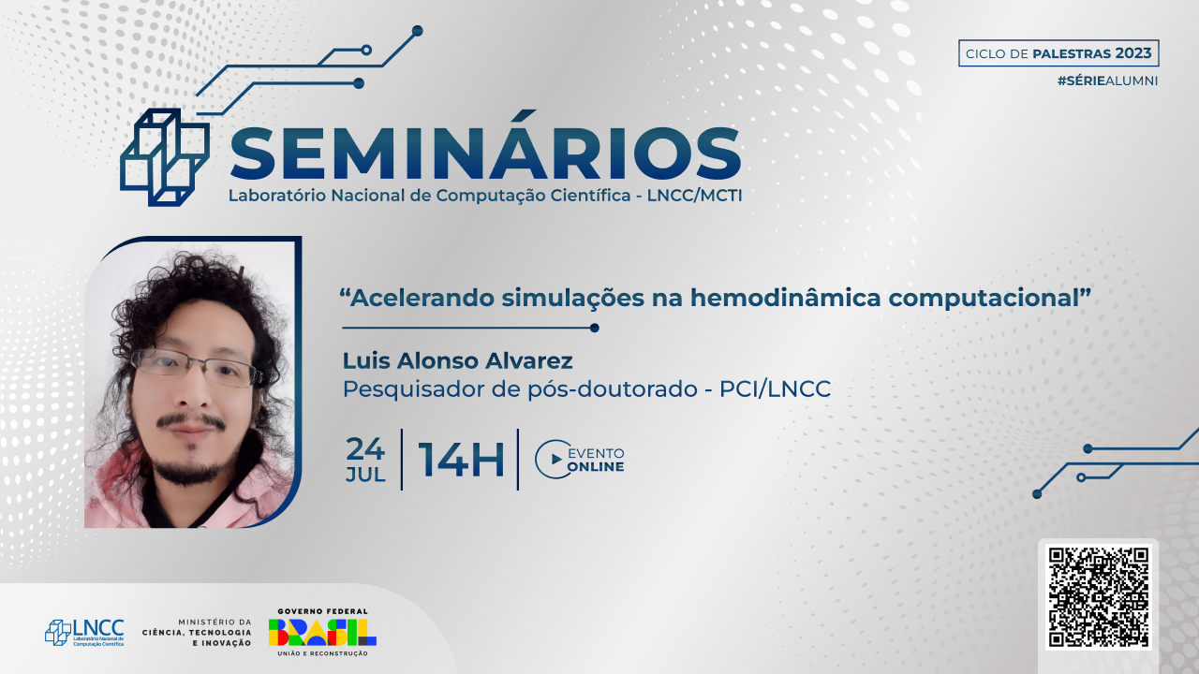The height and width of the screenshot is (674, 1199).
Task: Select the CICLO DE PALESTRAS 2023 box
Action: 1058,53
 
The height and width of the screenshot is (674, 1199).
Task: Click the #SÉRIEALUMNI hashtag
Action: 1107,81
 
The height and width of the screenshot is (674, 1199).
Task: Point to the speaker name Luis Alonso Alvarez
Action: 458,361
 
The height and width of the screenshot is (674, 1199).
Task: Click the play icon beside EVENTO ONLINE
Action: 555,459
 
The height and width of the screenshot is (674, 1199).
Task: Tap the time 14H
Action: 462,460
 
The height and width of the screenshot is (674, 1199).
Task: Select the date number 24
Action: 365,448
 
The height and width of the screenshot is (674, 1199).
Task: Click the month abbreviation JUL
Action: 365,475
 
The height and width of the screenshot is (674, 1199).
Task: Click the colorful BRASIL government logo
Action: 322,632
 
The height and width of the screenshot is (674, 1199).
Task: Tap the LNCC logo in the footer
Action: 84,633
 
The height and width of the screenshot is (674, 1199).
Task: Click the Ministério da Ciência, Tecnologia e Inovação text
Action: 197,632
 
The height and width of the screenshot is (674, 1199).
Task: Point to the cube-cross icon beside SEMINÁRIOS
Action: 165,157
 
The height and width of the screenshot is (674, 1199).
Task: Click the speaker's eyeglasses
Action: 196,369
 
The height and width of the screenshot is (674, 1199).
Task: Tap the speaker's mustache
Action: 191,420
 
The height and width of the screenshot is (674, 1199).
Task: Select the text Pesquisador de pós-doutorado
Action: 520,389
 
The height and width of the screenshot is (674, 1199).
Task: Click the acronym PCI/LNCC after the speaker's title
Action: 775,388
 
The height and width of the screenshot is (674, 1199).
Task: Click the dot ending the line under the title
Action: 594,328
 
